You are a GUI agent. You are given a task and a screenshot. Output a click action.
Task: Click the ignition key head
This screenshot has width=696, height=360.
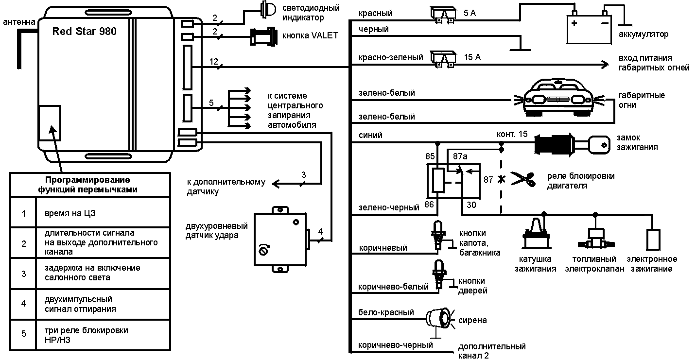(601, 144)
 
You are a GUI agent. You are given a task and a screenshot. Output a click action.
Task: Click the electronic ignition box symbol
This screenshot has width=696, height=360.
(653, 239)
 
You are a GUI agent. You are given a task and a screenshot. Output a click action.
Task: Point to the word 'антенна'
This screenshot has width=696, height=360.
(19, 22)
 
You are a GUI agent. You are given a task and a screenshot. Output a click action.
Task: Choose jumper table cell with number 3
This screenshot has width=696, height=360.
(24, 273)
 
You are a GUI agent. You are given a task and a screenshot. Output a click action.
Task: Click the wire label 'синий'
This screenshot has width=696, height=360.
(370, 136)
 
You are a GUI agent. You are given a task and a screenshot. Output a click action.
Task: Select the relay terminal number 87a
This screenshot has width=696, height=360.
(460, 156)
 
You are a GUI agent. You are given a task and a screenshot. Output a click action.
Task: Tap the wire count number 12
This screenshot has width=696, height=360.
(214, 62)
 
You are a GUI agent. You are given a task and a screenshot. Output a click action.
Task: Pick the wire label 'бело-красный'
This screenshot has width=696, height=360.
(386, 312)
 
